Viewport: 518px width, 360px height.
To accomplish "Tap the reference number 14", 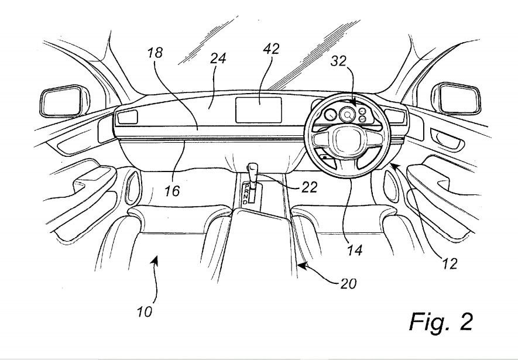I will pyautogui.click(x=354, y=251).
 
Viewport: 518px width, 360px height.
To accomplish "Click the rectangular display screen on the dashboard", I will pyautogui.click(x=259, y=110).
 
